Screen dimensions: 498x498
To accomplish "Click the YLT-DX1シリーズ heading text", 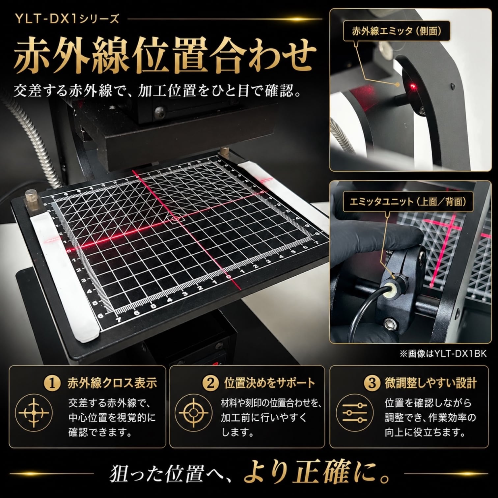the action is click(x=67, y=19).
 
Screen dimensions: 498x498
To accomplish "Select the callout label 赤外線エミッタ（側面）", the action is click(x=397, y=31).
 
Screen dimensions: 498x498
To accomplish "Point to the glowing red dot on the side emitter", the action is click(x=413, y=86).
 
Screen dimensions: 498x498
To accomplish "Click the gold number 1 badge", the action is click(x=52, y=383).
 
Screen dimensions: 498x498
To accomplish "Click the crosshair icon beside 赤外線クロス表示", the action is click(x=34, y=412).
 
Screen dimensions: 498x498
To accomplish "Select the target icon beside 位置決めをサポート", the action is click(x=193, y=412).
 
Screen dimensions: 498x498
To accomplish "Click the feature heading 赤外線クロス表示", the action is click(x=112, y=383).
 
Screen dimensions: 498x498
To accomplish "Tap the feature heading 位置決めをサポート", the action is click(x=269, y=383).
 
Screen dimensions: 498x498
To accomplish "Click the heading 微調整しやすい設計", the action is click(x=430, y=383).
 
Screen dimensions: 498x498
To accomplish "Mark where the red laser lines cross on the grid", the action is click(x=176, y=218).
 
